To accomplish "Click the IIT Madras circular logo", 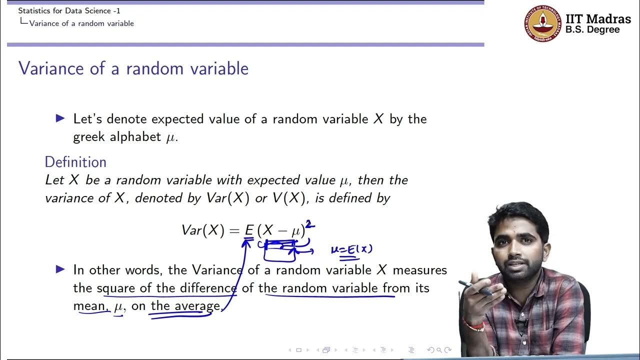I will pyautogui.click(x=542, y=23).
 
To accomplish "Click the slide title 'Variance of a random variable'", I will pyautogui.click(x=133, y=68).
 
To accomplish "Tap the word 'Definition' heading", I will pyautogui.click(x=75, y=162).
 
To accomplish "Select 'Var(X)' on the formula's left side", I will pyautogui.click(x=202, y=230).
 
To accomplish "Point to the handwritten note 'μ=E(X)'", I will pyautogui.click(x=351, y=249).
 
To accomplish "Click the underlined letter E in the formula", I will pyautogui.click(x=249, y=230).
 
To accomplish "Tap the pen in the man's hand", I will pyautogui.click(x=475, y=287).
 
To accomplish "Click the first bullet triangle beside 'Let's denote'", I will pyautogui.click(x=60, y=118).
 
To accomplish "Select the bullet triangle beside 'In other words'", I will pyautogui.click(x=60, y=269).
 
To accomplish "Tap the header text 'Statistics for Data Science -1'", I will pyautogui.click(x=69, y=10).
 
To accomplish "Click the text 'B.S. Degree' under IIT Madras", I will pyautogui.click(x=592, y=30).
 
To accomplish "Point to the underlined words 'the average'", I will pyautogui.click(x=185, y=306).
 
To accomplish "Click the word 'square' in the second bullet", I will pyautogui.click(x=116, y=288).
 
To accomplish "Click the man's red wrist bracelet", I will pyautogui.click(x=473, y=325).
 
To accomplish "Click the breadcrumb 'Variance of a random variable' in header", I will pyautogui.click(x=81, y=23).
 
